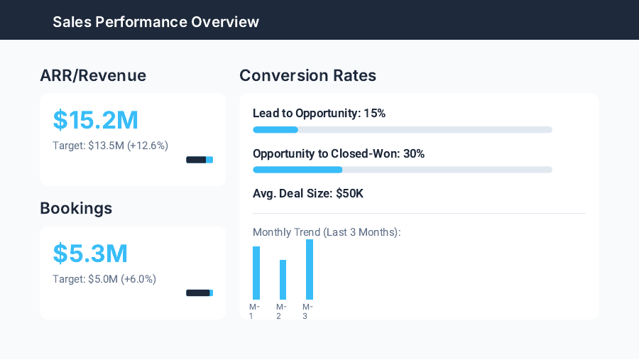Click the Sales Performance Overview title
tap(155, 21)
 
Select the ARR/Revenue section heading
tap(93, 75)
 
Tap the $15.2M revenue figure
tap(96, 120)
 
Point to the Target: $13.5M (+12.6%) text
tap(110, 146)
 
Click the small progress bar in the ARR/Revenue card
tap(200, 160)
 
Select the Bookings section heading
tap(76, 208)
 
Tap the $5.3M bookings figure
tap(90, 253)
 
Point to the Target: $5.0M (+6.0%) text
tap(104, 279)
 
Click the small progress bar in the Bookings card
tap(200, 293)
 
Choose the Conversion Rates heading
tap(307, 75)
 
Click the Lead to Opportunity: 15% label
tap(319, 113)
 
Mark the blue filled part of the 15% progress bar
tap(275, 130)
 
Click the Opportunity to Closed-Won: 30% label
tap(339, 153)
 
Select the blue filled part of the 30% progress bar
tap(297, 170)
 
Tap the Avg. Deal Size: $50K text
tap(308, 193)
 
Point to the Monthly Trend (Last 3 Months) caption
tap(327, 232)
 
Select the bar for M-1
tap(256, 273)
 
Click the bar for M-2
tap(283, 280)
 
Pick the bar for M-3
tap(310, 269)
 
